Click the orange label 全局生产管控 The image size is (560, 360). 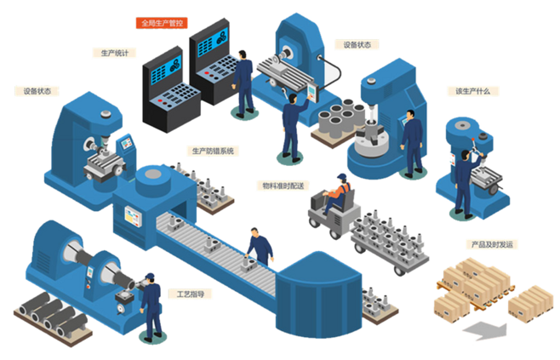click(162, 23)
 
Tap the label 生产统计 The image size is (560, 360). click(114, 54)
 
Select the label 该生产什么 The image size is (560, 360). click(472, 91)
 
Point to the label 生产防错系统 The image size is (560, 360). click(213, 151)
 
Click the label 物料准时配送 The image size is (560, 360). click(283, 186)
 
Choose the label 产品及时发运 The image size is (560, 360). click(492, 244)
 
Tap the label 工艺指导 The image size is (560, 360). click(191, 294)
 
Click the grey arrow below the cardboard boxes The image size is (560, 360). click(485, 330)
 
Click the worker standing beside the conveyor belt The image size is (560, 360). click(260, 247)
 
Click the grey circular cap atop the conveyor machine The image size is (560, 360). click(153, 174)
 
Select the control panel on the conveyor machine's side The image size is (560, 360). click(133, 216)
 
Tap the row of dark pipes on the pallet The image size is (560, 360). click(54, 314)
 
